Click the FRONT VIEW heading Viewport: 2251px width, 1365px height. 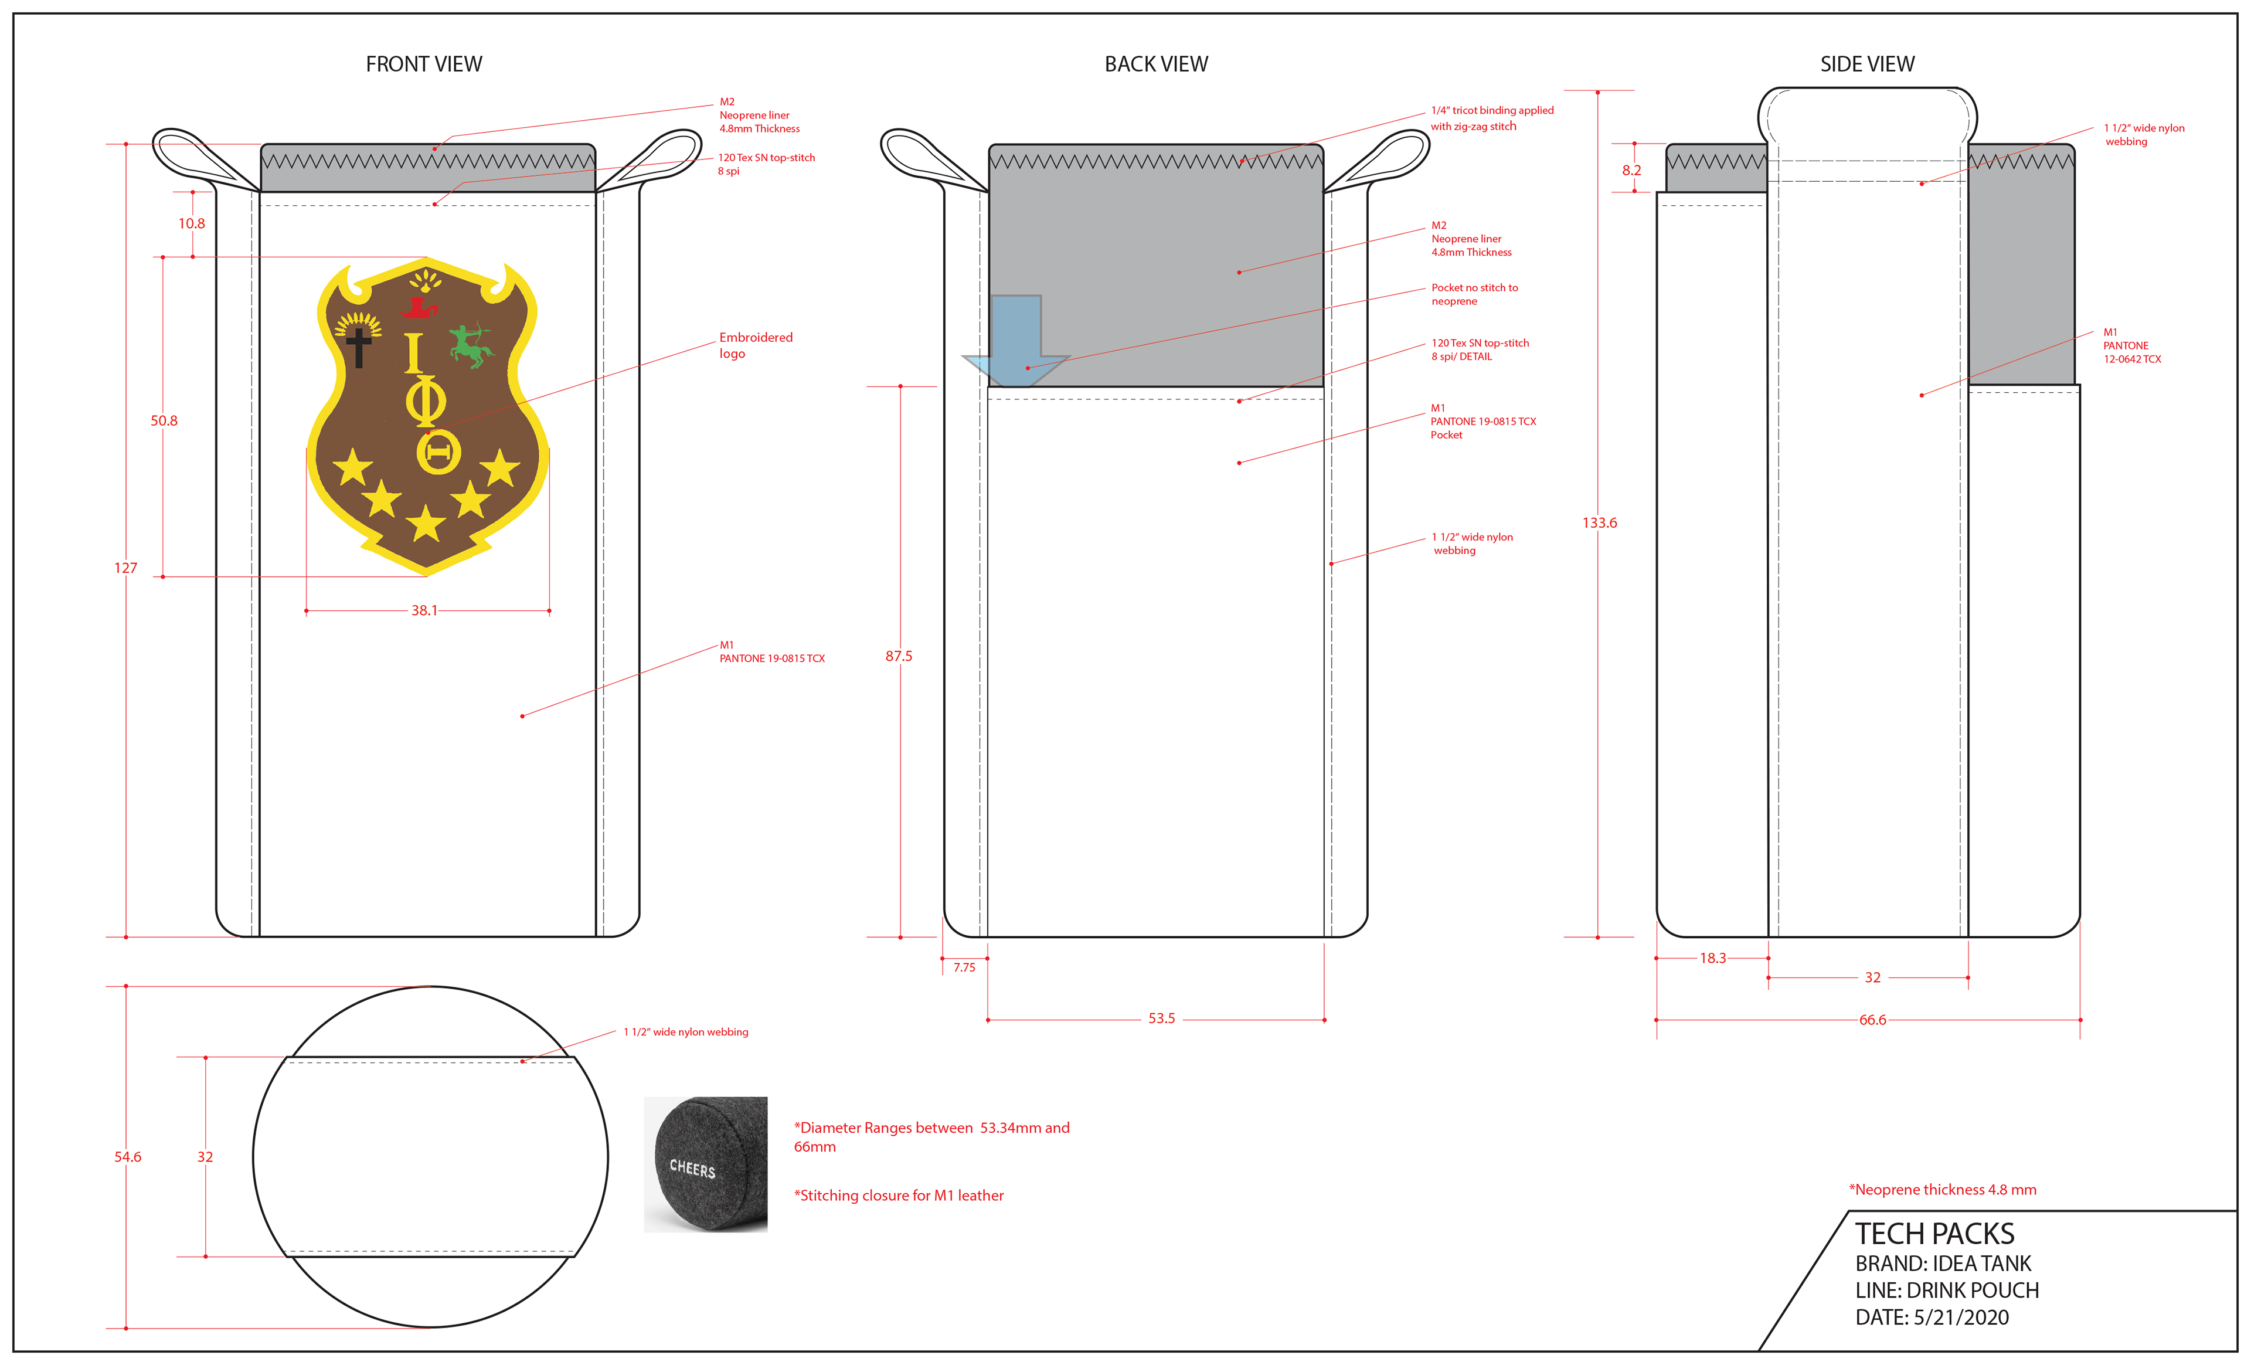pos(424,64)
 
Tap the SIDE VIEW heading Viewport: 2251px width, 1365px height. pos(1866,64)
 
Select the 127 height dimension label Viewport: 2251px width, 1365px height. pos(125,568)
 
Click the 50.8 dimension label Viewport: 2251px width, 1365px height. pos(164,420)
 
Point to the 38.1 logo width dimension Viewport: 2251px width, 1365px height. pos(424,610)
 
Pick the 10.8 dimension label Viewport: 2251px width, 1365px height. pos(191,223)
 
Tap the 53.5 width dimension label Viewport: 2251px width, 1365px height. pos(1161,1018)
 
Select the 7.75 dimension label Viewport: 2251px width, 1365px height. pos(964,967)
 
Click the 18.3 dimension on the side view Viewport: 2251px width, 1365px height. pos(1712,957)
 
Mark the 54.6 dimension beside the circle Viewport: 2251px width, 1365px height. pos(127,1157)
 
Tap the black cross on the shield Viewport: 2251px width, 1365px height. pos(359,347)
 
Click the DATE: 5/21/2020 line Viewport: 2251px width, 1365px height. pos(1932,1316)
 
